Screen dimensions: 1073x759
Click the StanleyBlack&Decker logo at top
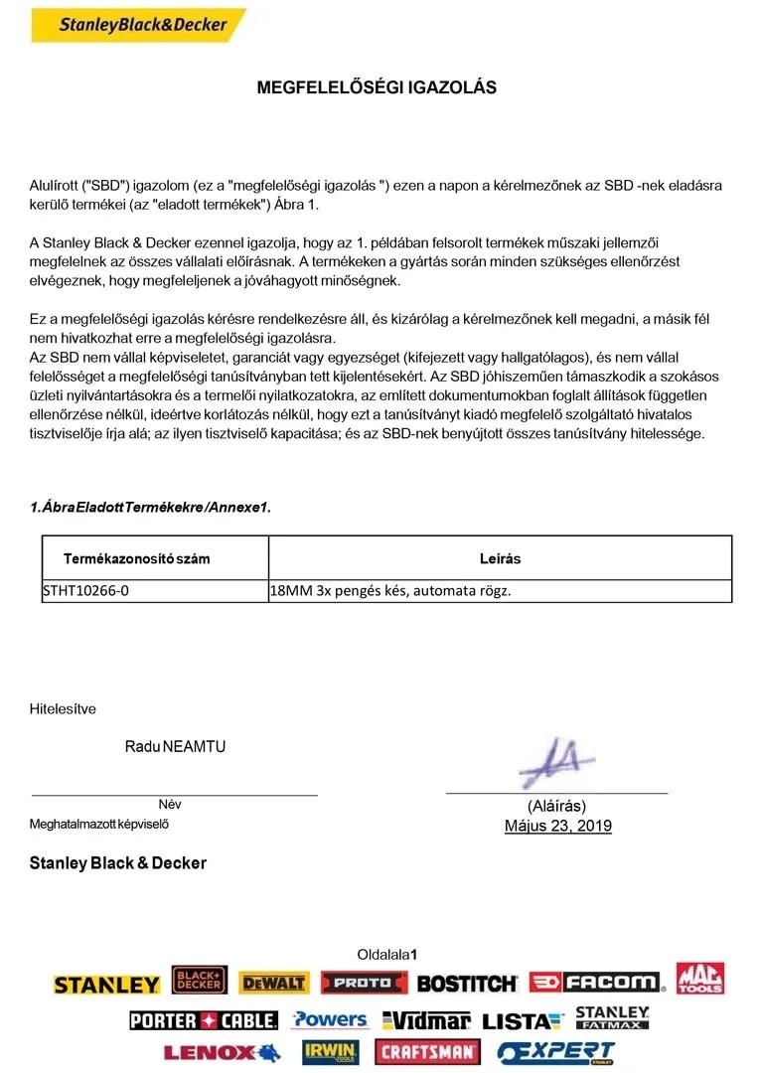tap(138, 25)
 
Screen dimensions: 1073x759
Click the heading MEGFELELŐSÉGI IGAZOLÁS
tap(377, 87)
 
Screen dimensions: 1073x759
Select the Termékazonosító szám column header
tap(136, 558)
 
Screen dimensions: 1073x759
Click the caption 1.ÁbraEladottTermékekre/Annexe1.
tap(150, 508)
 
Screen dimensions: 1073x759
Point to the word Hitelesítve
tap(63, 709)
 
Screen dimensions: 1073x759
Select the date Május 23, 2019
tap(557, 826)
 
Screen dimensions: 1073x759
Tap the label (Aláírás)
tap(556, 806)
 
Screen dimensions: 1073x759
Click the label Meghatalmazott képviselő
tap(106, 824)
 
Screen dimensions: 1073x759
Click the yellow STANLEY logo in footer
tap(106, 985)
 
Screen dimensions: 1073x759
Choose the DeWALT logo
tap(273, 983)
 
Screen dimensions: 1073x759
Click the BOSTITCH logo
tap(467, 984)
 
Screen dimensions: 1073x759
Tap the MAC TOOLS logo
tap(701, 978)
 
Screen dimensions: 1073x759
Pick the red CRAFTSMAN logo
tap(427, 1051)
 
